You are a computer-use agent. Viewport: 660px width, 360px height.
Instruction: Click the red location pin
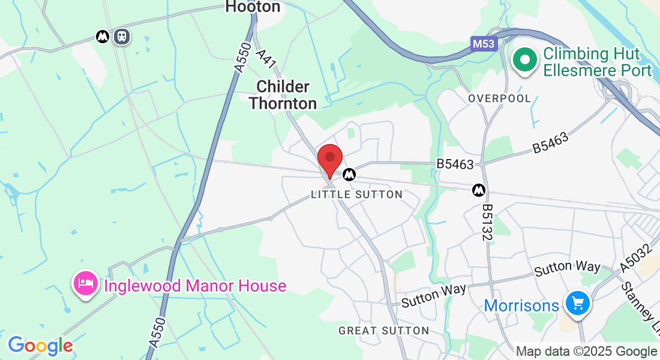click(329, 159)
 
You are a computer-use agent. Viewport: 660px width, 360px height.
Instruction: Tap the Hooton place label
click(253, 7)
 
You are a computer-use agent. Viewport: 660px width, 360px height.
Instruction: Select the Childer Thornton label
click(283, 95)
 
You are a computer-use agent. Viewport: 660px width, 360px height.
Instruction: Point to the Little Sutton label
click(357, 194)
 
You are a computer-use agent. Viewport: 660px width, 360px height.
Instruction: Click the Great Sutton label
click(383, 331)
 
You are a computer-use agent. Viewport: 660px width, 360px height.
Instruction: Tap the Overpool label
click(499, 98)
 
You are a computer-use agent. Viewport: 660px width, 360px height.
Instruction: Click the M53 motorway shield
click(484, 44)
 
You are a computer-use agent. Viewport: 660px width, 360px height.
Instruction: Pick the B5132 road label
click(487, 222)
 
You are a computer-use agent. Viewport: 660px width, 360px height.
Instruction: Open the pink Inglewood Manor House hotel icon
click(86, 284)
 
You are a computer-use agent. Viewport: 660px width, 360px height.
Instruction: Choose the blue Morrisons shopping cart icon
click(578, 303)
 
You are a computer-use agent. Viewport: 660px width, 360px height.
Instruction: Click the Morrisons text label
click(521, 305)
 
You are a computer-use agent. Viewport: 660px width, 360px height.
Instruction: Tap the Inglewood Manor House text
click(195, 286)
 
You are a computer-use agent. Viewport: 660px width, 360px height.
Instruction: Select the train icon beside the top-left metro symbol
click(122, 37)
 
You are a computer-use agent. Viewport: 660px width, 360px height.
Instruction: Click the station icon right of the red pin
click(349, 175)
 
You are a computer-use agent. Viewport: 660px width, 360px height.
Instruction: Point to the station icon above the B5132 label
click(479, 190)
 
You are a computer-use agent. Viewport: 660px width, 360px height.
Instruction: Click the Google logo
click(40, 346)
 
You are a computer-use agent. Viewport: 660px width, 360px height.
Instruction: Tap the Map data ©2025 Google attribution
click(586, 352)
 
